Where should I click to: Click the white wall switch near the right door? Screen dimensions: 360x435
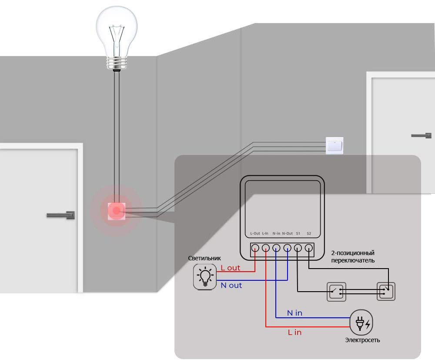pyautogui.click(x=335, y=145)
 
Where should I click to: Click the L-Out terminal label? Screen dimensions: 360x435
pyautogui.click(x=255, y=234)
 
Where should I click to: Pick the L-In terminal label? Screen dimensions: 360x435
pyautogui.click(x=265, y=234)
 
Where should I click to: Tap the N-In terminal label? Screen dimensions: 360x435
pyautogui.click(x=276, y=234)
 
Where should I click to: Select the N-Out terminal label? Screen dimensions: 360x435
pyautogui.click(x=287, y=234)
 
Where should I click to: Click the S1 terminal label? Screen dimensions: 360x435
pyautogui.click(x=298, y=234)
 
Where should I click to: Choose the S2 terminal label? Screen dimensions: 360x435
pyautogui.click(x=309, y=234)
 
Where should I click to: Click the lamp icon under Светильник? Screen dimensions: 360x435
pyautogui.click(x=205, y=276)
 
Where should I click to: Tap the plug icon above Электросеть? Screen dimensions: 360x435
pyautogui.click(x=362, y=323)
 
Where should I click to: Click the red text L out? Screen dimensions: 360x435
pyautogui.click(x=231, y=268)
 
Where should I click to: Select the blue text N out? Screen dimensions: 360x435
pyautogui.click(x=231, y=286)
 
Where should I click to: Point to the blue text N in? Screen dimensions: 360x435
pyautogui.click(x=294, y=313)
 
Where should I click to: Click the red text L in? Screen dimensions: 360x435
pyautogui.click(x=294, y=333)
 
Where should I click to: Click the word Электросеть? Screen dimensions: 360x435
pyautogui.click(x=362, y=340)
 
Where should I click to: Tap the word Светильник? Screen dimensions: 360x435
pyautogui.click(x=204, y=258)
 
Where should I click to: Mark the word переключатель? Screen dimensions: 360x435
pyautogui.click(x=353, y=260)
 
